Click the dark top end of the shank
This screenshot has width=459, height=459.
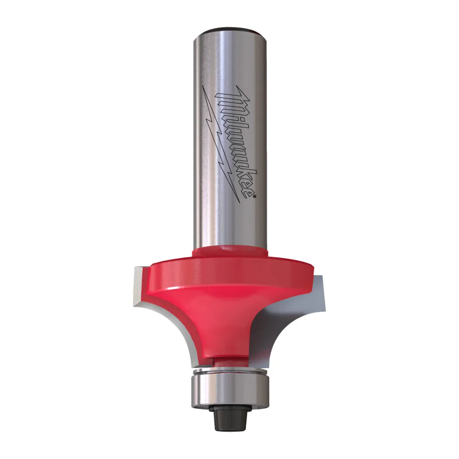pyautogui.click(x=229, y=31)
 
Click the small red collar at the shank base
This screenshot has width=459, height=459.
pyautogui.click(x=229, y=252)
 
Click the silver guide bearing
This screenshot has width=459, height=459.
pyautogui.click(x=229, y=386)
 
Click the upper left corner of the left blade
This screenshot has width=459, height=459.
pyautogui.click(x=135, y=270)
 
